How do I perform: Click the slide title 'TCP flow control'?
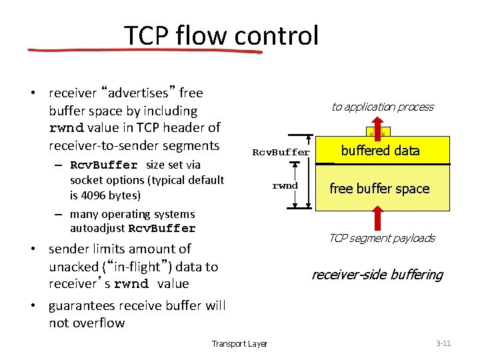click(221, 35)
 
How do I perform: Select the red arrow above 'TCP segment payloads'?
click(378, 218)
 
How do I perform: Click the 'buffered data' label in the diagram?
click(380, 151)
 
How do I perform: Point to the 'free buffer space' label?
click(379, 189)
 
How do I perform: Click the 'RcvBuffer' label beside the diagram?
click(281, 152)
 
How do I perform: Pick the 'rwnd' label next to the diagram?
click(285, 185)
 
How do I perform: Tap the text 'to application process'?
click(382, 107)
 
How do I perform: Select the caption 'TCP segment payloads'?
click(381, 238)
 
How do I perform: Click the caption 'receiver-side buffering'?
click(377, 275)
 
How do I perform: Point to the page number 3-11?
click(443, 343)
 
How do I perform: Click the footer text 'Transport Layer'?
click(239, 343)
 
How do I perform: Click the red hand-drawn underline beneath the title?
click(143, 51)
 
